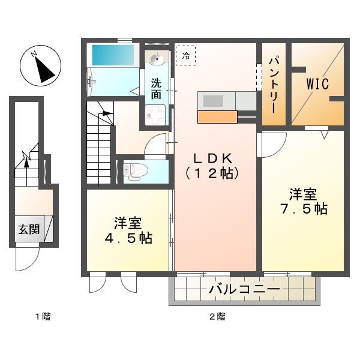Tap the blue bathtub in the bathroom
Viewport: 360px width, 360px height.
pyautogui.click(x=114, y=56)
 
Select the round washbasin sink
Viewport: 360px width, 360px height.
pyautogui.click(x=157, y=59)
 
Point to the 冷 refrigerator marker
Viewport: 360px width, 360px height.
pyautogui.click(x=185, y=56)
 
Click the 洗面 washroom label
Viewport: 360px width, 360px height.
pyautogui.click(x=156, y=88)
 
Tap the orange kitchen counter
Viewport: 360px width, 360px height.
pyautogui.click(x=217, y=117)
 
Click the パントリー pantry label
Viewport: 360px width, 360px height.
pyautogui.click(x=273, y=84)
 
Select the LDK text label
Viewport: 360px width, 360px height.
pyautogui.click(x=213, y=158)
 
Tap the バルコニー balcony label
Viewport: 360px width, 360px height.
pyautogui.click(x=244, y=290)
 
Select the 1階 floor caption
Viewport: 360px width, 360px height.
pyautogui.click(x=42, y=316)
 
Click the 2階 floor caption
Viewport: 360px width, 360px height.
pyautogui.click(x=218, y=316)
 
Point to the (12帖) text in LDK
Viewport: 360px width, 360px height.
pyautogui.click(x=213, y=174)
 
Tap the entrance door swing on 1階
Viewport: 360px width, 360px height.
pyautogui.click(x=27, y=259)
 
